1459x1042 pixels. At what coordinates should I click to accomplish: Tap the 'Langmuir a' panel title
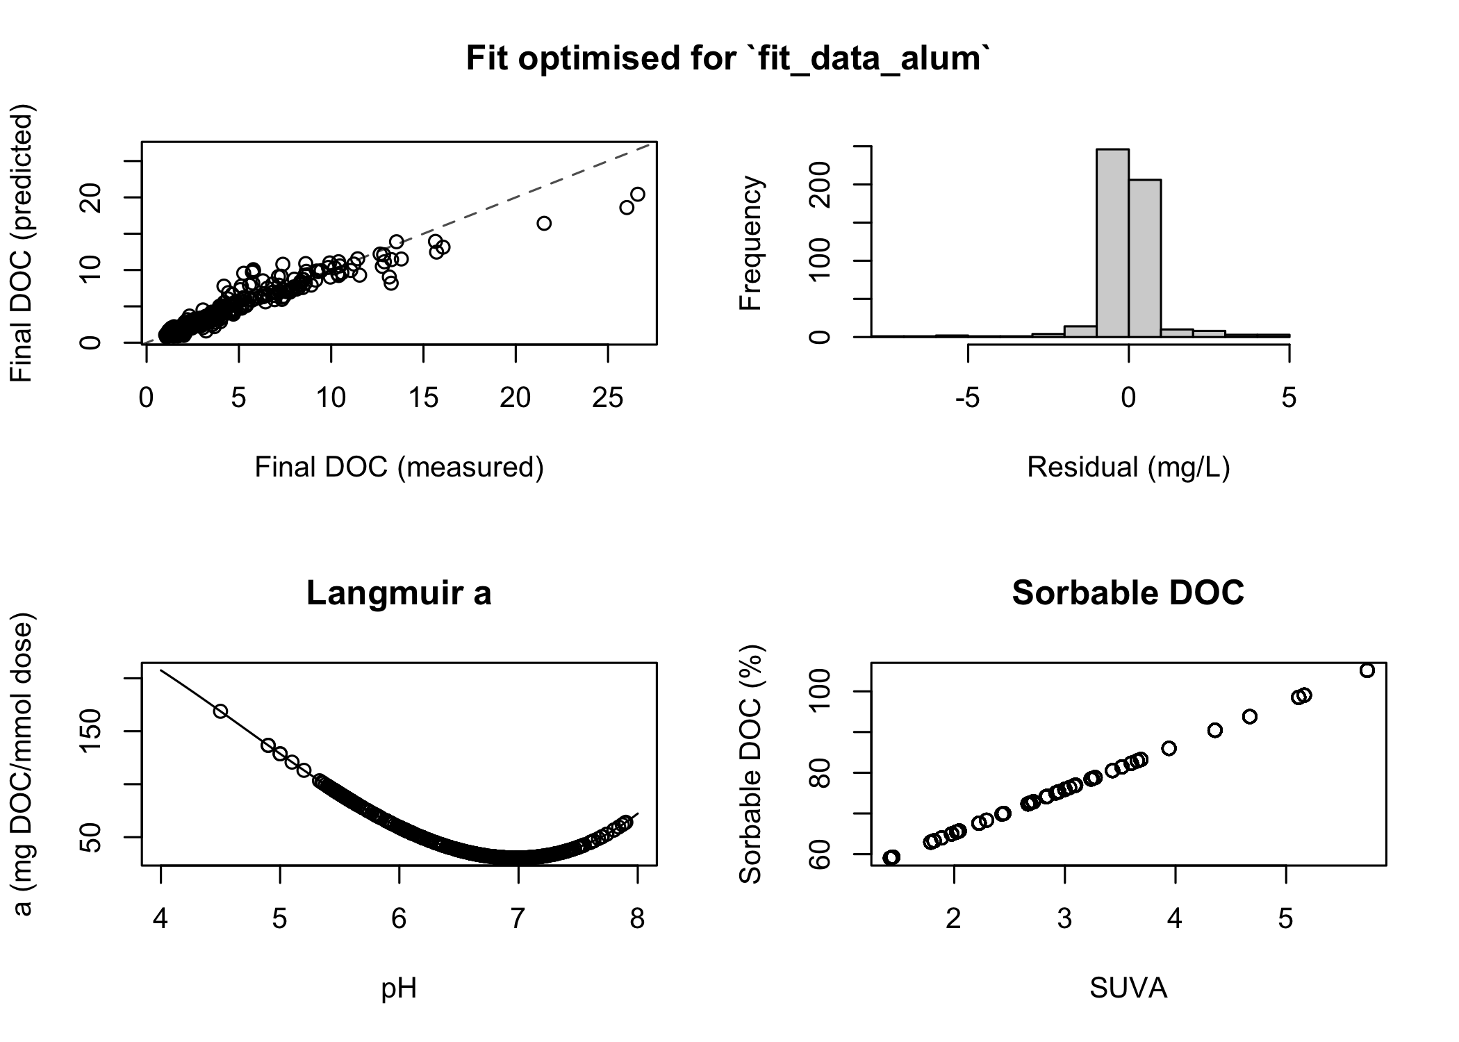[399, 593]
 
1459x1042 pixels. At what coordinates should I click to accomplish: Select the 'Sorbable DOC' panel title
[1128, 593]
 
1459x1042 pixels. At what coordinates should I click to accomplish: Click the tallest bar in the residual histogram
[1112, 243]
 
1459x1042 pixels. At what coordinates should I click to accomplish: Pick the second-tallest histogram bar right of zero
[1145, 258]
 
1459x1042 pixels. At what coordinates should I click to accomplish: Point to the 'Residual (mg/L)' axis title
[1128, 468]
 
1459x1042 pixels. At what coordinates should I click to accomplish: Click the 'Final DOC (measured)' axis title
[399, 468]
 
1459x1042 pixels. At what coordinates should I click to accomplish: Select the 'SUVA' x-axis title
[1128, 988]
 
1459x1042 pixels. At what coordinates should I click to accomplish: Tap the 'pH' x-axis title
[399, 988]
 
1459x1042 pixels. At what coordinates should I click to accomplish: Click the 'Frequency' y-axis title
[751, 243]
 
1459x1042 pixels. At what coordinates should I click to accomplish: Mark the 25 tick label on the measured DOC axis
[608, 398]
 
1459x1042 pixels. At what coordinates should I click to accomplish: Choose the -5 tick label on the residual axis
[967, 398]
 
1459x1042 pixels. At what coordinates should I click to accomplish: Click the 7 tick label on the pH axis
[518, 919]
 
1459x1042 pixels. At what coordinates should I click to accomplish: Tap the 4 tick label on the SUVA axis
[1175, 919]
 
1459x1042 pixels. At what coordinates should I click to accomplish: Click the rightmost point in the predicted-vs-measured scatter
[637, 195]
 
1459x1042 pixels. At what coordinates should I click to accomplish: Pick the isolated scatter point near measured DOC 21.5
[544, 223]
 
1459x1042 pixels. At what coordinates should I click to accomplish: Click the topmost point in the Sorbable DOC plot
[1367, 670]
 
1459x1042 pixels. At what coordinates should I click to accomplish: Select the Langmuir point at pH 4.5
[220, 711]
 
